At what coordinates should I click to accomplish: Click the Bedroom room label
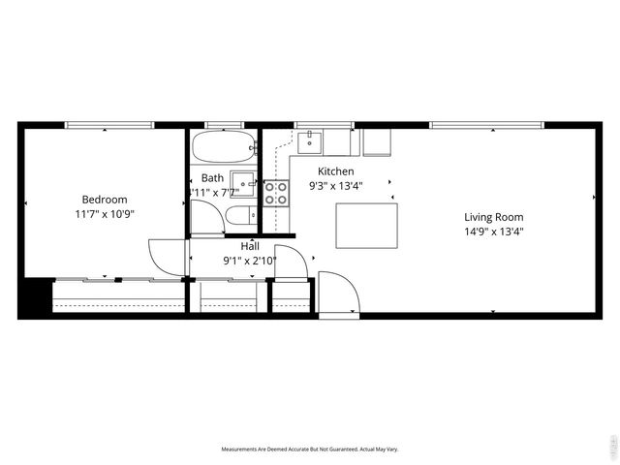(x=104, y=200)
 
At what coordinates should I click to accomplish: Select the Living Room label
(x=493, y=217)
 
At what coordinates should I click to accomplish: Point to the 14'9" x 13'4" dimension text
(x=493, y=232)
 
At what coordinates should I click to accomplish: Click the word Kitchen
(x=335, y=171)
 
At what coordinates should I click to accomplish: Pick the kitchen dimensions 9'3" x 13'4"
(x=335, y=186)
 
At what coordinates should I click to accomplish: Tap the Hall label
(x=250, y=246)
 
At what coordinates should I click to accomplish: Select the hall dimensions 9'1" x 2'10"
(x=250, y=260)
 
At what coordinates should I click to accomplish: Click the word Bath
(x=212, y=178)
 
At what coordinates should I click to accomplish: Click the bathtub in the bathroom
(x=224, y=147)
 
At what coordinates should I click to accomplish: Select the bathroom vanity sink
(x=243, y=184)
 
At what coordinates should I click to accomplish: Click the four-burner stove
(x=276, y=193)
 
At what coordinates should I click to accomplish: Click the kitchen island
(x=366, y=225)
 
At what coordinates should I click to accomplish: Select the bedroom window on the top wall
(x=108, y=125)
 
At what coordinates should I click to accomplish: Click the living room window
(x=485, y=125)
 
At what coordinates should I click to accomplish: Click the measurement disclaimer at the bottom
(x=310, y=449)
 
